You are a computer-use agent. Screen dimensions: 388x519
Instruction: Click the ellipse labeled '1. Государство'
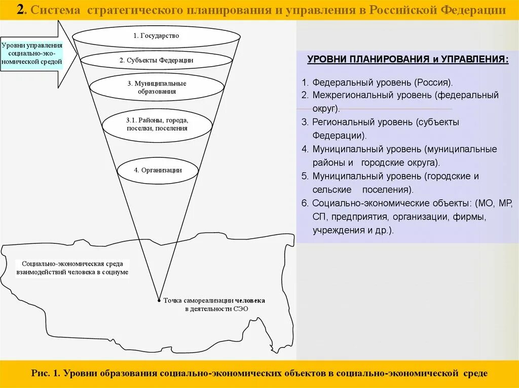point(156,36)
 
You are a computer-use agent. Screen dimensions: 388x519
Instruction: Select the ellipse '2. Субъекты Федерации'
point(156,60)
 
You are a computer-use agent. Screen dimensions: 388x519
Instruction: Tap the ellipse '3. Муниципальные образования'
point(156,87)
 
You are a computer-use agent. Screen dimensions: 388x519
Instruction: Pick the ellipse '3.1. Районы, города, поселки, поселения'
point(157,124)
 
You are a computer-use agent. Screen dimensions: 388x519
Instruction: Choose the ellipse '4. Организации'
point(158,170)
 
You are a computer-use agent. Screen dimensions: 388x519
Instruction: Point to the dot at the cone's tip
point(159,300)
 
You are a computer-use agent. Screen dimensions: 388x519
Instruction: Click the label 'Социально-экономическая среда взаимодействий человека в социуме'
point(72,268)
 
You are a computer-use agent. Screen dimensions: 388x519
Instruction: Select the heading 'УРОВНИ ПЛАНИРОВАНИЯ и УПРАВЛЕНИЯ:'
point(407,60)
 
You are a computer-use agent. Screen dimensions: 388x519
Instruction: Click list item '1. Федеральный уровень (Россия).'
point(377,82)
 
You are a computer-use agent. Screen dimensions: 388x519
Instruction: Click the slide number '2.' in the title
point(20,10)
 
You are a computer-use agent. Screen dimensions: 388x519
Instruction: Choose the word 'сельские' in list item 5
point(332,190)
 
